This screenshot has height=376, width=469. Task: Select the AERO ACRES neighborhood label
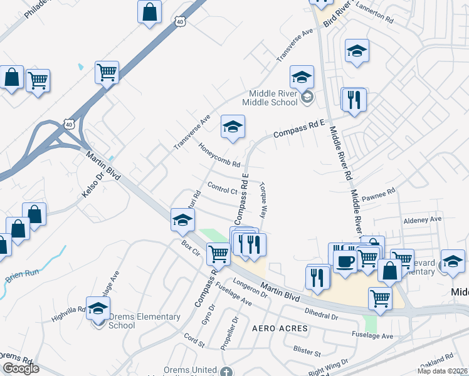(x=280, y=328)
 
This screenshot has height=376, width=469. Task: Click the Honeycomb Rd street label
(x=219, y=155)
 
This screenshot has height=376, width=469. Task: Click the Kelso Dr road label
(x=92, y=187)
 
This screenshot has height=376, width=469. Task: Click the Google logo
(x=21, y=368)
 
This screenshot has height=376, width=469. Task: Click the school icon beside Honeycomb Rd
(x=232, y=127)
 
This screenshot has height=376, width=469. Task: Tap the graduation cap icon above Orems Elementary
(x=98, y=308)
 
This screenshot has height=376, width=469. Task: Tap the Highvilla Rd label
(x=68, y=309)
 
